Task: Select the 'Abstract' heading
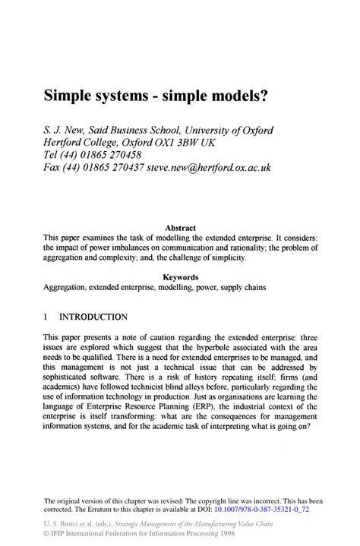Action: (181, 227)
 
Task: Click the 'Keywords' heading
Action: (181, 277)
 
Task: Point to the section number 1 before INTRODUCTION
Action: (46, 317)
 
